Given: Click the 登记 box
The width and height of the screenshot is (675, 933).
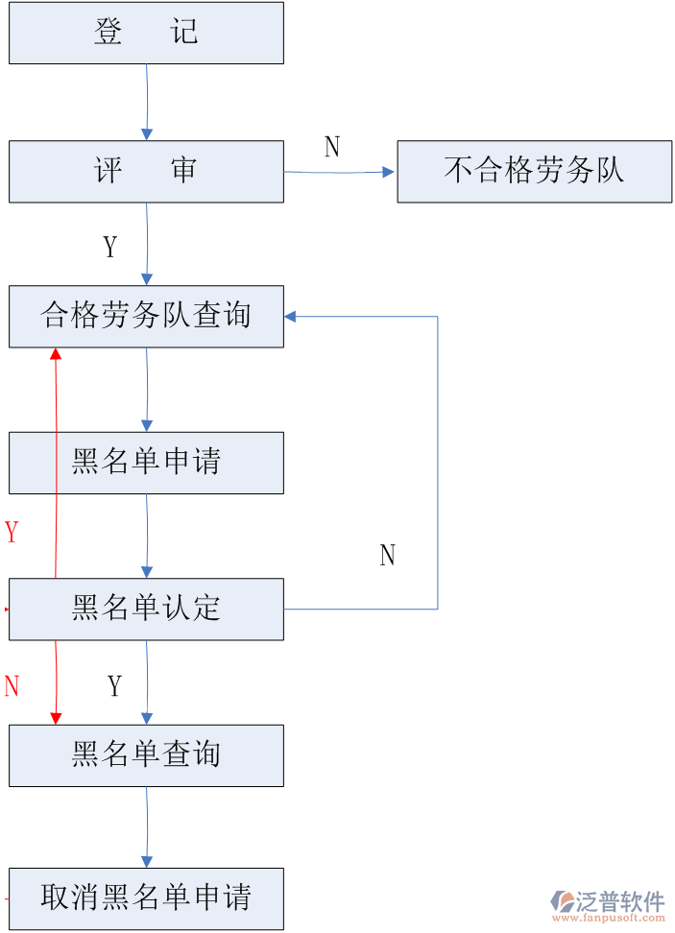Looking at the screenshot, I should click(146, 33).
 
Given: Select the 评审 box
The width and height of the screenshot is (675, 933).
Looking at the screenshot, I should click(146, 171).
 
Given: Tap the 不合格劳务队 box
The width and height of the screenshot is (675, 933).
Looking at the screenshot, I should click(534, 171).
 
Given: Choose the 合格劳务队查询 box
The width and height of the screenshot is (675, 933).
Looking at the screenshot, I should click(146, 316).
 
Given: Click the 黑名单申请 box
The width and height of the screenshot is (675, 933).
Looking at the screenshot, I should click(146, 463).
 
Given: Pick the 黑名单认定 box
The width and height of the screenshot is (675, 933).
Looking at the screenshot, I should click(146, 609).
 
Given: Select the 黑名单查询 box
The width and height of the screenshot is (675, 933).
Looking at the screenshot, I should click(146, 755).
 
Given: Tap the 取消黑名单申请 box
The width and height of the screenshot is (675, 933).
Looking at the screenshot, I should click(146, 898).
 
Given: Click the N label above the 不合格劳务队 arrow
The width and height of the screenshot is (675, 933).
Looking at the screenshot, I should click(332, 147).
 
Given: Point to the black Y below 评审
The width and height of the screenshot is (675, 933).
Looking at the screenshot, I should click(110, 248).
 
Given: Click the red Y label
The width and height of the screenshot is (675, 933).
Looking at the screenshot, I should click(12, 532).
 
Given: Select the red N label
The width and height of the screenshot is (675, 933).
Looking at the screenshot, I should click(12, 686).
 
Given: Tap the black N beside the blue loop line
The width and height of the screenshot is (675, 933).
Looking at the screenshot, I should click(387, 556).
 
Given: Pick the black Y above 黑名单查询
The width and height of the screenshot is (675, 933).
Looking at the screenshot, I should click(115, 686).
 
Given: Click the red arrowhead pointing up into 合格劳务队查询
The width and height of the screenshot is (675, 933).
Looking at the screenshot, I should click(56, 353).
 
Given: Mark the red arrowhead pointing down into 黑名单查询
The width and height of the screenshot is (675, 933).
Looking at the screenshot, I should click(56, 718).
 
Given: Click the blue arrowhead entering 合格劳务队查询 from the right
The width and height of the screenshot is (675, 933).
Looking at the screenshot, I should click(290, 316).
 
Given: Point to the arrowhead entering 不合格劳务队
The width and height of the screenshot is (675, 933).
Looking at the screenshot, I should click(389, 172).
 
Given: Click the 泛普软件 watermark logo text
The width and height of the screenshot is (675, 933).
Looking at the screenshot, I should click(619, 901).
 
